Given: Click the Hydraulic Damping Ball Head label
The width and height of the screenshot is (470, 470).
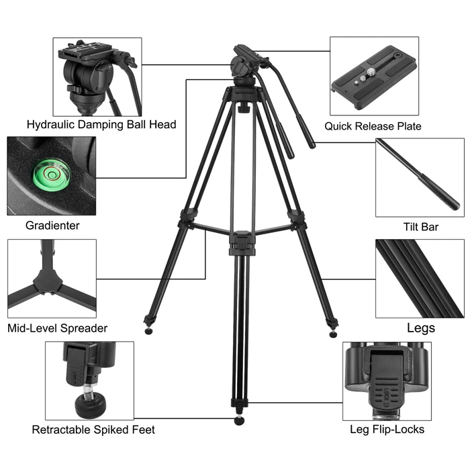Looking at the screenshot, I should (101, 124).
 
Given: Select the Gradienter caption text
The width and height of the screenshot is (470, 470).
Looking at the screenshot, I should (52, 226).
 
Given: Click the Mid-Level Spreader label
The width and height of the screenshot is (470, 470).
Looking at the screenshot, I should (57, 328).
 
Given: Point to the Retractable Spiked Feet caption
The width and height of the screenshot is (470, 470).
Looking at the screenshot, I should (93, 430).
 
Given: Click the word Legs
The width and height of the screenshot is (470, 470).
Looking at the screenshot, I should (421, 328).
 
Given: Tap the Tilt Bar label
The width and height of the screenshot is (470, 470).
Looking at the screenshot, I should (421, 228).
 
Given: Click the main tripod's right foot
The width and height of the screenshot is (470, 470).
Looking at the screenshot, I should (334, 332).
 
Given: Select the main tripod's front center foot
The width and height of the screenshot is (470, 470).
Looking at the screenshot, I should (240, 421).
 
